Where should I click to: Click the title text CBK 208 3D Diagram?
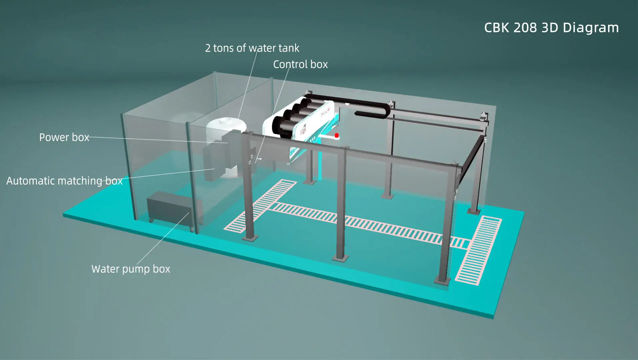point(551,28)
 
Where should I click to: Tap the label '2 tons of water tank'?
point(252,48)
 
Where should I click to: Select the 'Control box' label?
point(300,64)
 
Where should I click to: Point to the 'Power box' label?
point(64,137)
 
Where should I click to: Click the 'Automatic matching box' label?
point(64,181)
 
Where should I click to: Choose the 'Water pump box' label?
point(131,269)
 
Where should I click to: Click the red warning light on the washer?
point(337,135)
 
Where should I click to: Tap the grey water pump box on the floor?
point(168,208)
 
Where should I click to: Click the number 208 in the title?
point(525,28)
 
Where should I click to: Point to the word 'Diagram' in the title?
point(591,28)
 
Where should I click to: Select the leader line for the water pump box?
point(163,238)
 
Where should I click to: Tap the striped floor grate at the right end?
point(479,250)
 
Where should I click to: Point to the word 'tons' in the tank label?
point(224,48)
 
